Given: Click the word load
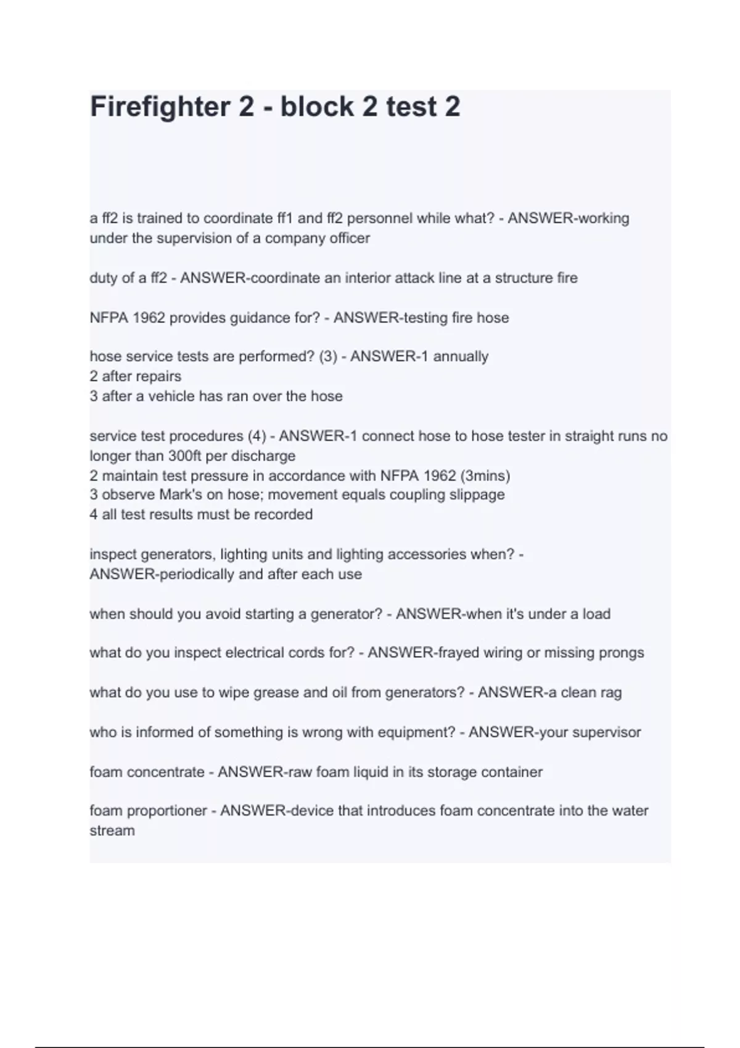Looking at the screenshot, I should coord(596,614).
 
